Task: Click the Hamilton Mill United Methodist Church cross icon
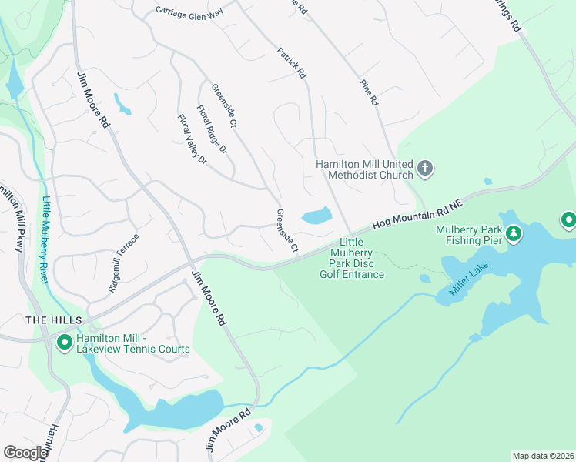coord(424,168)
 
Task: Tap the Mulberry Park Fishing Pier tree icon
coord(513,232)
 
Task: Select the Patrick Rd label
coord(292,64)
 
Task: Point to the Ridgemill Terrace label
coord(124,262)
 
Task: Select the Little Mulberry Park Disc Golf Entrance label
coord(352,258)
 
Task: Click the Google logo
coord(25,453)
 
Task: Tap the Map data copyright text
coord(543,455)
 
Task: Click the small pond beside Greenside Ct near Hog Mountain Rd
coord(316,216)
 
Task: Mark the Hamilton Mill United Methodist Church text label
coord(365,169)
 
